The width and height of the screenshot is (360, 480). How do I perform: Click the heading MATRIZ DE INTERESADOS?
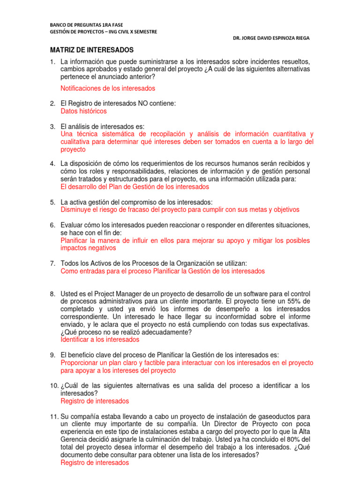[x=92, y=50]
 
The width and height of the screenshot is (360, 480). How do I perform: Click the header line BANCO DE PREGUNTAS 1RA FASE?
[x=83, y=25]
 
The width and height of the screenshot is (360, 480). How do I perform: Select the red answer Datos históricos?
[x=84, y=111]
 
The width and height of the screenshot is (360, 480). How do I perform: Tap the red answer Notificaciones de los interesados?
[x=108, y=88]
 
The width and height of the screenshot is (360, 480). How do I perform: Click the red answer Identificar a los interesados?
[x=100, y=339]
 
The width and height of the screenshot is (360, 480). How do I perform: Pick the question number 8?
[x=53, y=294]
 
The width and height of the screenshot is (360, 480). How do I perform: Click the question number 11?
[x=55, y=417]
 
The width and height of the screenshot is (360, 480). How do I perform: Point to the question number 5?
[x=53, y=202]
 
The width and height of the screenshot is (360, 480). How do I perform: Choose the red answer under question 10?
[x=95, y=401]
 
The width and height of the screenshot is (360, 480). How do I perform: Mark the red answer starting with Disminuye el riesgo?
[x=180, y=210]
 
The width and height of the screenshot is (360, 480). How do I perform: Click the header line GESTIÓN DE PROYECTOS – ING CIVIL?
[x=104, y=32]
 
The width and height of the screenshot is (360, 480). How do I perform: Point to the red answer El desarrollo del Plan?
[x=135, y=187]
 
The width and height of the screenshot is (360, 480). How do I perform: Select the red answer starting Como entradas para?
[x=163, y=271]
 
